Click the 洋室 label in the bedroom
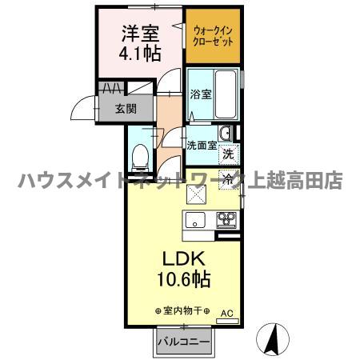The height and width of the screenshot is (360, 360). point(141,34)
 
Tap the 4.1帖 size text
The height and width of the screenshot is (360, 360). point(141,54)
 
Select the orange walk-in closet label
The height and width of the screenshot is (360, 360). point(213,36)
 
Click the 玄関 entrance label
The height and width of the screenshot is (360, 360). point(123,110)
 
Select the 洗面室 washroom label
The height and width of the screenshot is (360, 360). point(201,146)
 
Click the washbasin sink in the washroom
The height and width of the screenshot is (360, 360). point(226,133)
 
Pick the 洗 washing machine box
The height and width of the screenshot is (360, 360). point(228,153)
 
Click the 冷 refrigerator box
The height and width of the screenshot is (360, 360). point(228,179)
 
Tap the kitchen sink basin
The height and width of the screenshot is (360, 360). point(196,221)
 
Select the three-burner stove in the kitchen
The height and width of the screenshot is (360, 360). point(226,220)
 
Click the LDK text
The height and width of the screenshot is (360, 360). point(186,260)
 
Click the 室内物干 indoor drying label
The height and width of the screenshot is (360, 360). point(182,310)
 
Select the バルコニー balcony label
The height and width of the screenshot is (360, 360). point(183,342)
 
